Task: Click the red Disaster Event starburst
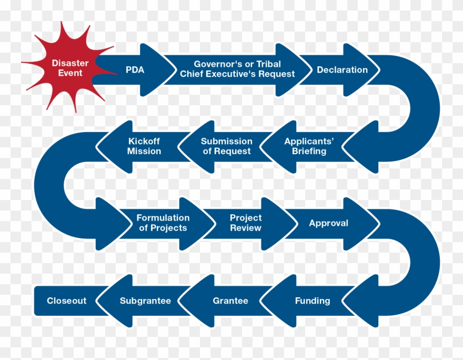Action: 70,68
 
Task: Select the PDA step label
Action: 135,69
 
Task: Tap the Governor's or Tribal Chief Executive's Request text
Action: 237,69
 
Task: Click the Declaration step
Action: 342,69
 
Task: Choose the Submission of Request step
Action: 227,146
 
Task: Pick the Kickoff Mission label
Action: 144,146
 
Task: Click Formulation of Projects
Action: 163,223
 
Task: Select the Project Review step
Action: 245,223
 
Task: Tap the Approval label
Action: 328,223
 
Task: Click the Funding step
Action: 313,301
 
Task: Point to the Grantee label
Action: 230,301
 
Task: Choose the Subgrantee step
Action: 145,301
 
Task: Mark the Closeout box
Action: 66,301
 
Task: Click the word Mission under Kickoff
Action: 144,152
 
